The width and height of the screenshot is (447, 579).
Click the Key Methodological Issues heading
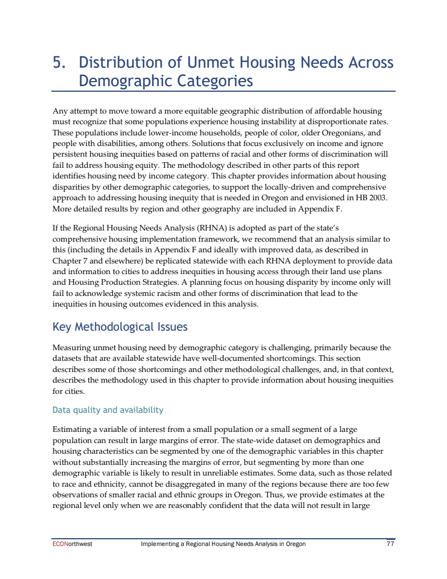point(120,327)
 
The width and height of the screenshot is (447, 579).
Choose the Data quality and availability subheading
point(108,410)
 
